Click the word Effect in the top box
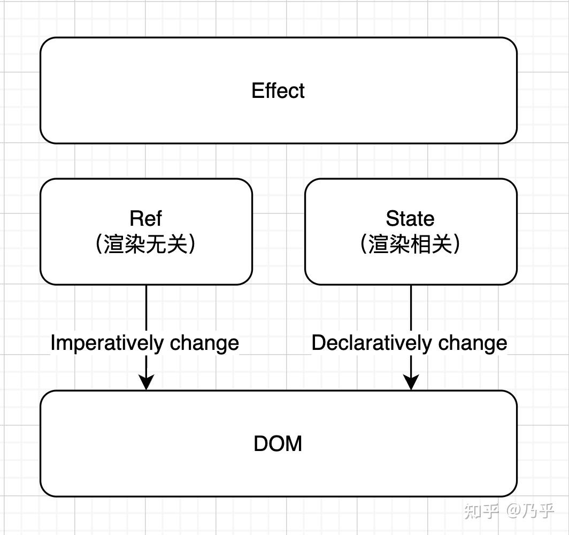click(x=278, y=90)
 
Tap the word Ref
click(x=145, y=218)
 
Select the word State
click(x=410, y=218)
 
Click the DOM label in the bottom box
click(x=278, y=444)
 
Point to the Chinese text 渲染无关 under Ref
click(x=146, y=244)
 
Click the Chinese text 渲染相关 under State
click(x=411, y=244)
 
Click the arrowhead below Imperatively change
click(x=146, y=382)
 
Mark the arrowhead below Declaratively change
click(x=411, y=382)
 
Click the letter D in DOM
click(x=261, y=444)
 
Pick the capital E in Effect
click(x=257, y=90)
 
